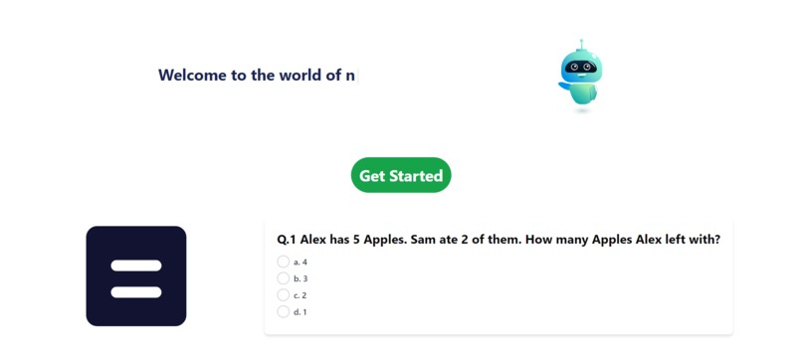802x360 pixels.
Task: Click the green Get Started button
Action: (x=400, y=175)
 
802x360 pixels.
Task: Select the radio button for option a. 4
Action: (x=284, y=262)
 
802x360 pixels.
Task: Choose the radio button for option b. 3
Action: (x=284, y=278)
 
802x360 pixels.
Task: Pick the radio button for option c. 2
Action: (x=284, y=295)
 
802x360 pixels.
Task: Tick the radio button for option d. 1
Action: (x=284, y=312)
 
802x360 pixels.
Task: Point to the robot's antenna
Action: (x=581, y=44)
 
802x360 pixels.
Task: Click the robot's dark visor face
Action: (x=581, y=68)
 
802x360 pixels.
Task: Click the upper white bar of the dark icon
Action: (x=136, y=266)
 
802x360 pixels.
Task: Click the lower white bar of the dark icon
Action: (x=136, y=291)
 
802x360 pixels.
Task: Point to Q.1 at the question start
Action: (x=287, y=240)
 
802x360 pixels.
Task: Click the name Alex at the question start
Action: (x=315, y=240)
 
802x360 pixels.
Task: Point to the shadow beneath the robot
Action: (x=582, y=110)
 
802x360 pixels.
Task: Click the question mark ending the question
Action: (x=716, y=240)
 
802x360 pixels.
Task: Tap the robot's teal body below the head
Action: (x=583, y=92)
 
